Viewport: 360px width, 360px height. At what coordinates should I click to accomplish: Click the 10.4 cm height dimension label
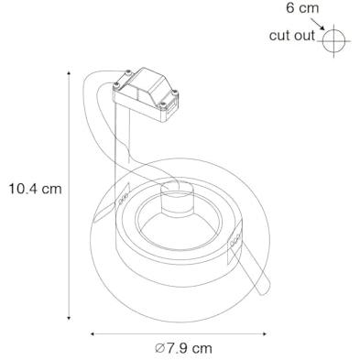(x=35, y=189)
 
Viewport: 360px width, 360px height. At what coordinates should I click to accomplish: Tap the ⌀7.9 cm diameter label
(x=183, y=348)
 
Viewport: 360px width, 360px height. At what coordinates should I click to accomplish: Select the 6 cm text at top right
(x=302, y=8)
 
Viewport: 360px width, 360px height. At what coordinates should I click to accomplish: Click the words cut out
(x=292, y=36)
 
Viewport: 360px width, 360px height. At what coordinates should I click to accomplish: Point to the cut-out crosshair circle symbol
(x=333, y=40)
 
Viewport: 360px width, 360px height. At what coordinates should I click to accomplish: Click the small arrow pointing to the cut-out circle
(x=318, y=24)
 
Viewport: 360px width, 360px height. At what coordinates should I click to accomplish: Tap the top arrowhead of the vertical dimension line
(x=69, y=73)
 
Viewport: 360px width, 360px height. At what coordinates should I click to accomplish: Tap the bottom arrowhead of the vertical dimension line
(x=69, y=318)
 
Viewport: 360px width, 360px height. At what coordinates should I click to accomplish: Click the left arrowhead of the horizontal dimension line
(x=93, y=334)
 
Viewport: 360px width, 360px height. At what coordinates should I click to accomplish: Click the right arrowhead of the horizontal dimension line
(x=265, y=334)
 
